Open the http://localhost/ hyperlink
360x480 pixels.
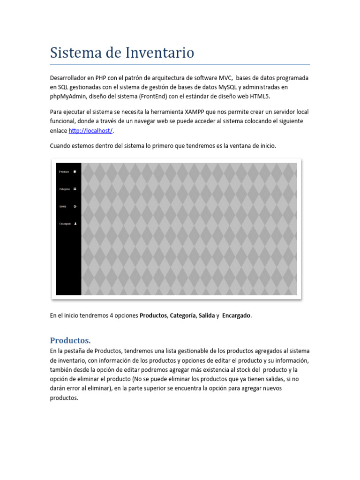coord(91,131)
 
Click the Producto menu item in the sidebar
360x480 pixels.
coord(64,172)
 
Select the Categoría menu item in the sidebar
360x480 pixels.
coord(64,189)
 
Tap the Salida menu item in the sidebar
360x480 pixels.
coord(63,206)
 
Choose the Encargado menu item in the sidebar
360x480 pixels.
coord(65,224)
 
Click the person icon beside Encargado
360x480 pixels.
coord(75,224)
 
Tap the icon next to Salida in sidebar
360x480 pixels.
coord(75,206)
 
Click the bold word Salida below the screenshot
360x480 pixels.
coord(206,315)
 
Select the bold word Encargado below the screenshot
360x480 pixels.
coord(237,315)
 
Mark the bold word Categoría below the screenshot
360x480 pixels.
coord(182,315)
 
